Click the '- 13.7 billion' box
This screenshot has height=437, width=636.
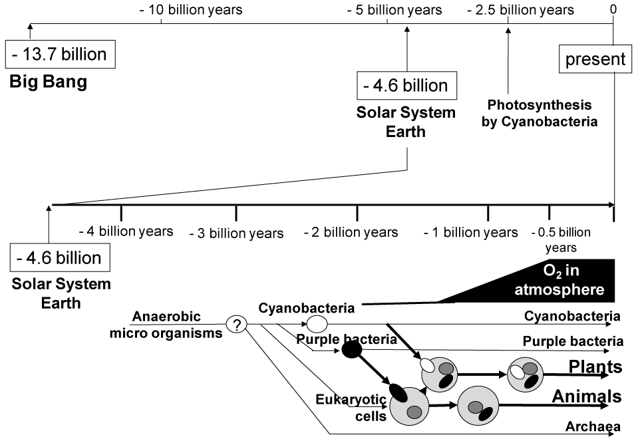click(60, 54)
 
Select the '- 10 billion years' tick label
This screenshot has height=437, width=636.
click(191, 10)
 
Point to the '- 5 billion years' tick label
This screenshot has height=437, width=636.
click(395, 10)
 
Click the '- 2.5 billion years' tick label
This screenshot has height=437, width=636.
click(520, 10)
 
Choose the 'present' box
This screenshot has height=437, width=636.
click(595, 59)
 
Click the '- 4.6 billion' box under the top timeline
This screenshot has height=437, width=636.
click(406, 86)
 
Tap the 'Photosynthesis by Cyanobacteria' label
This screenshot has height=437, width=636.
click(540, 113)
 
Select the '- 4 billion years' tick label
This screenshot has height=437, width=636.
click(126, 231)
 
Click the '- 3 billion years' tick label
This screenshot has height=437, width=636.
click(236, 233)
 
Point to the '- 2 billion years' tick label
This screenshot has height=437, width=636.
click(351, 232)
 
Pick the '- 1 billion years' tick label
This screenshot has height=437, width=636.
click(470, 232)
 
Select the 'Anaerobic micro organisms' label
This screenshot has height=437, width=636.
click(166, 325)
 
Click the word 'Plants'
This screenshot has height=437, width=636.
click(595, 366)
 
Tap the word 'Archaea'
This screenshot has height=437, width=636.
click(593, 426)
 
